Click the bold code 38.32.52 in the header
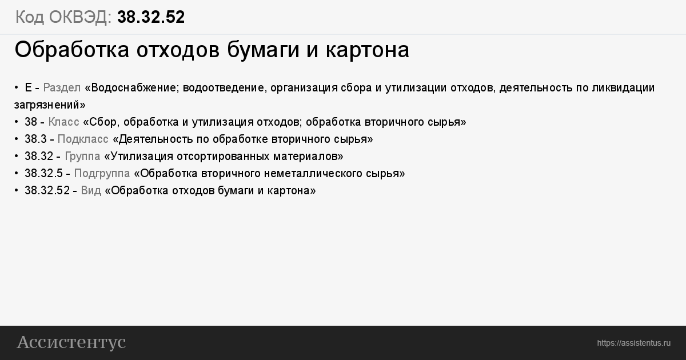coord(151,17)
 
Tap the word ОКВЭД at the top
coord(80,17)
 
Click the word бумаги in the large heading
coord(263,50)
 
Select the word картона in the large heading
coord(368,50)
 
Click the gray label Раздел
coord(62,88)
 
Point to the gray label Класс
coord(63,122)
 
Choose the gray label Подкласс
coord(83,139)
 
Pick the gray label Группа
coord(82,157)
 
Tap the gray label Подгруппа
coord(102,174)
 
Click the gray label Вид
coord(91,191)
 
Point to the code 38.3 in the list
coord(35,139)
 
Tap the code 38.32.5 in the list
coord(43,174)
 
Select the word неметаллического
coord(313,174)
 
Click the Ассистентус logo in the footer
coord(71,342)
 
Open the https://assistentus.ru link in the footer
coord(633,343)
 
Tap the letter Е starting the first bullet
coord(28,88)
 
